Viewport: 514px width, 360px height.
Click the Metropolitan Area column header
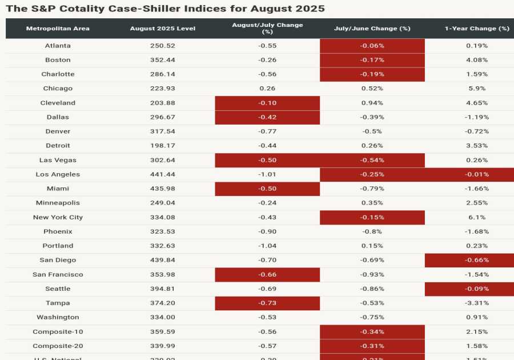point(58,29)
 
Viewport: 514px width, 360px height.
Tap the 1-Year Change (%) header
point(477,29)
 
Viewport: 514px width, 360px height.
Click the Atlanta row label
point(58,46)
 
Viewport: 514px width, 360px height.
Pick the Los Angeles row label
point(58,174)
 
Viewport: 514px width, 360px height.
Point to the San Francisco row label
point(58,274)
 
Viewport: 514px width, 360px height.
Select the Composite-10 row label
point(58,331)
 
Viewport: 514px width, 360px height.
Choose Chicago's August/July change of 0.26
point(267,89)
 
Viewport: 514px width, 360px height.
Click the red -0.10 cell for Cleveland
point(267,103)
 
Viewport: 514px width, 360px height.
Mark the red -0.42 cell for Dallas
point(267,117)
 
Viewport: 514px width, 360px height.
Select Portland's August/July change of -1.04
point(267,246)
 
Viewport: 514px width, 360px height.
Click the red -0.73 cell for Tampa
point(267,303)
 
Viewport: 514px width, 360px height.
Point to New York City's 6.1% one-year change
point(477,217)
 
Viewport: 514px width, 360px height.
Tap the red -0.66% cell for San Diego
point(477,260)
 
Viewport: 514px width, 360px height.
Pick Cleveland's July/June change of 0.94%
point(372,103)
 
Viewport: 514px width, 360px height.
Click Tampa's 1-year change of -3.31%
point(477,303)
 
